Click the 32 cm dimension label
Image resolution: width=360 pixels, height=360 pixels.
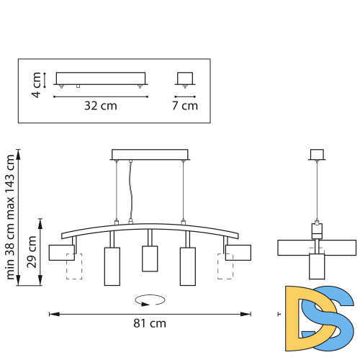pos(100,105)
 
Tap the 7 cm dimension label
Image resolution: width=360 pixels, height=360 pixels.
pos(186,105)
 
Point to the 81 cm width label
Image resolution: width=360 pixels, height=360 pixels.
pos(150,323)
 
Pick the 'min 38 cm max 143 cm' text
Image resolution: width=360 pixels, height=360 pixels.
pos(11,216)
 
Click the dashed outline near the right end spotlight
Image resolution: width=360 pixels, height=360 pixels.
pos(224,266)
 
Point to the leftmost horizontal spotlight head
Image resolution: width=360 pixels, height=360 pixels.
pos(62,252)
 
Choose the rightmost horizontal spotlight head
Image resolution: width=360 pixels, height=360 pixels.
pos(237,252)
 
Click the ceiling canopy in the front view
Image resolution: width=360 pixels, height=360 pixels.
pos(150,154)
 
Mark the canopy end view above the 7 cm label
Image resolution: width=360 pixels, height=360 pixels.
pos(186,78)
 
